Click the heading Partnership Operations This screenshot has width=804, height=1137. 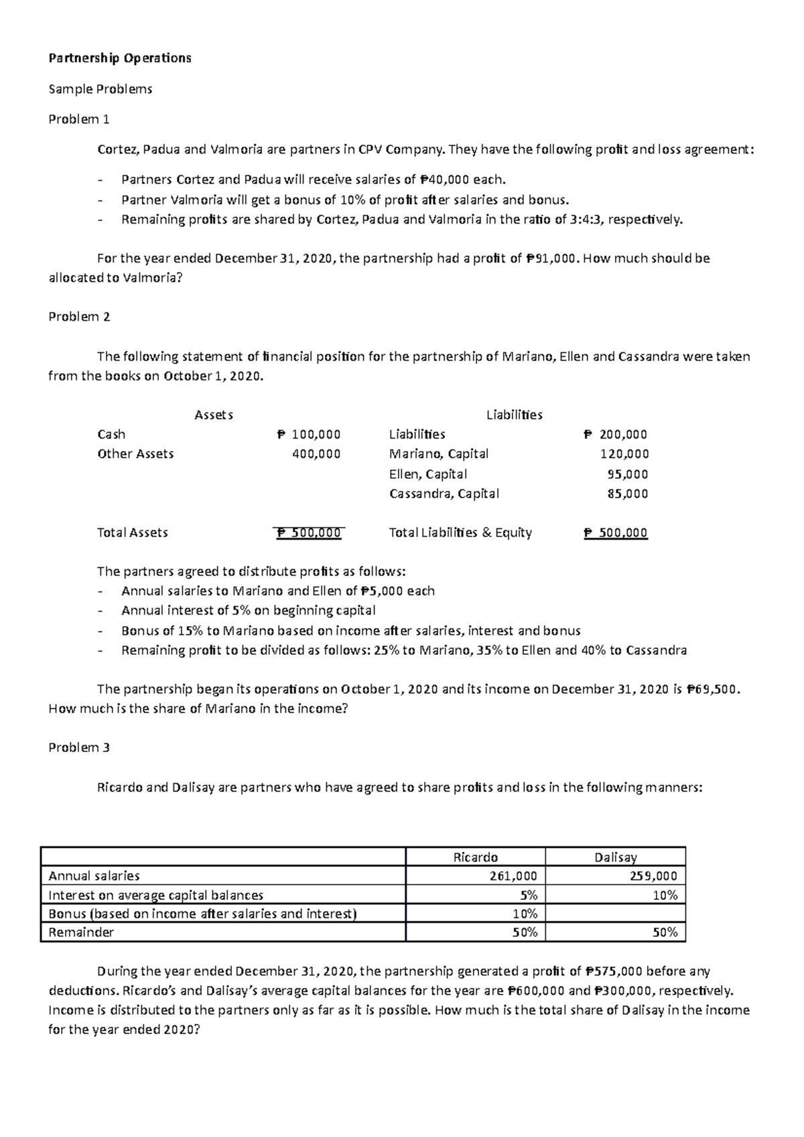120,58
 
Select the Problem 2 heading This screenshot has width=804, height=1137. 79,317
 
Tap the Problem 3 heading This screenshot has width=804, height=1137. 79,748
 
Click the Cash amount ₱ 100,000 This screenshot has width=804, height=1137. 309,435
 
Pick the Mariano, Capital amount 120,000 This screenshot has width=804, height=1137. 624,454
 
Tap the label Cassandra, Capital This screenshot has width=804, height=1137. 444,494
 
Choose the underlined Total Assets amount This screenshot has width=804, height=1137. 309,533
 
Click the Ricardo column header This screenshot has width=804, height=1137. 476,857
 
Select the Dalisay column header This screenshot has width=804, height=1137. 615,857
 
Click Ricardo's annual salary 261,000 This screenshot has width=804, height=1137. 513,876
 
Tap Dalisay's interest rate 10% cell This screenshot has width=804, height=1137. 665,895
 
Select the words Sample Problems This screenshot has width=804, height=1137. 100,89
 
